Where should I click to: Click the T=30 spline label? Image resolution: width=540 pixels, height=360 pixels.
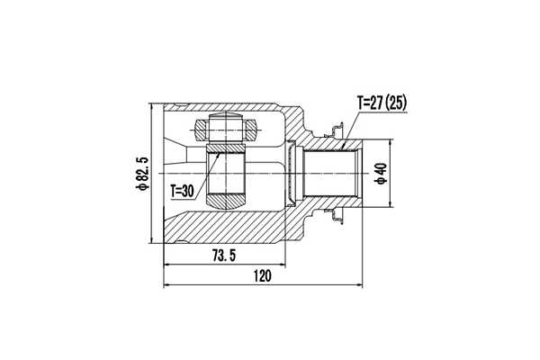click(182, 191)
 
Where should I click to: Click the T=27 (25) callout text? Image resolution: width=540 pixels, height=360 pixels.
click(382, 103)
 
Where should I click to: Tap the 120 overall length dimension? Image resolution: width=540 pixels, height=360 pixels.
click(261, 277)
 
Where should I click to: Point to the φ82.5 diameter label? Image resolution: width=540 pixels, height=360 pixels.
click(141, 175)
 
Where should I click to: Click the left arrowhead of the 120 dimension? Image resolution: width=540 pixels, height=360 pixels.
click(167, 286)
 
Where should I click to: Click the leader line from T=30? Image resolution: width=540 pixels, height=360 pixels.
click(202, 174)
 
